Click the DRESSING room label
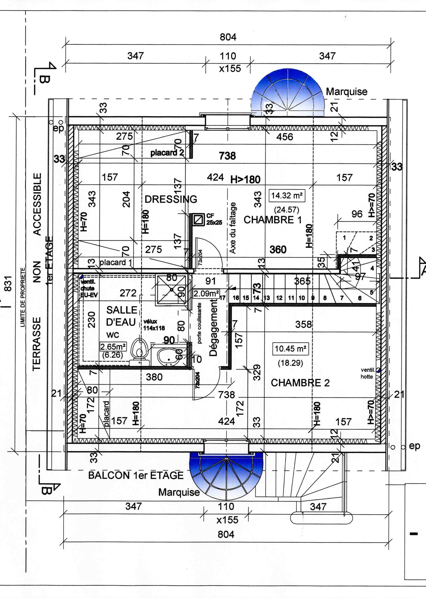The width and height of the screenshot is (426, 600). (x=171, y=199)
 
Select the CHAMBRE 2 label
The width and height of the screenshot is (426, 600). (x=300, y=383)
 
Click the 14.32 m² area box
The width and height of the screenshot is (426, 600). (x=286, y=196)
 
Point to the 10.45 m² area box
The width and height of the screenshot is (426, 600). (x=290, y=349)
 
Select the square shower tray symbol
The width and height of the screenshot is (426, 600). (x=172, y=290)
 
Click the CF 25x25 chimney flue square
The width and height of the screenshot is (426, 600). (x=199, y=220)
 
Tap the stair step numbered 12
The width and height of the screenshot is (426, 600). (x=279, y=298)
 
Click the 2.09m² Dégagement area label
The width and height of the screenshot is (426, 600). (x=206, y=294)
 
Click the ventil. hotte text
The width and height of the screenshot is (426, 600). (x=367, y=373)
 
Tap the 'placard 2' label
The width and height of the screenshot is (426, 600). (x=167, y=153)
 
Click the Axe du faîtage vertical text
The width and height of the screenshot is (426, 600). (x=232, y=228)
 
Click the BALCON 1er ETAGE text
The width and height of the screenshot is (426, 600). (x=136, y=475)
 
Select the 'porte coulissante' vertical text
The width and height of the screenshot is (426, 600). (x=199, y=323)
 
